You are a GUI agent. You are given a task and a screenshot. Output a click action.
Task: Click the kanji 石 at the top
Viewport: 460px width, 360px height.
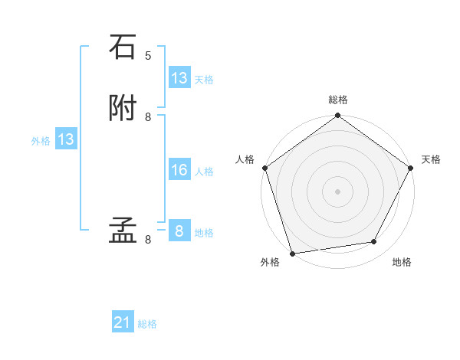pos(123,47)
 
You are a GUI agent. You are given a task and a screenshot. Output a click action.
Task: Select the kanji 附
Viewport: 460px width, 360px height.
pos(123,108)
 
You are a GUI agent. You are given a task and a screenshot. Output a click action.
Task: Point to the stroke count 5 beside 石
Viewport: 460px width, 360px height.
pos(148,56)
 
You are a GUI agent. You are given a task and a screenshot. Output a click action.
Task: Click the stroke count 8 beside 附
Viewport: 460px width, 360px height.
pos(148,116)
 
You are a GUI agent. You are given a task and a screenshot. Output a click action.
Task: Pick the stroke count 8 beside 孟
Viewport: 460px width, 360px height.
pos(148,239)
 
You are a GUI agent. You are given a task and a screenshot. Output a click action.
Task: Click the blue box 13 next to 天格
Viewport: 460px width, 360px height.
pos(179,78)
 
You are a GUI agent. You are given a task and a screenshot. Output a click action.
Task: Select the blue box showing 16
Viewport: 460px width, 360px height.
pos(179,170)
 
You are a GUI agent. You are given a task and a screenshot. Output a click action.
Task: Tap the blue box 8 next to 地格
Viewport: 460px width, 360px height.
pos(179,231)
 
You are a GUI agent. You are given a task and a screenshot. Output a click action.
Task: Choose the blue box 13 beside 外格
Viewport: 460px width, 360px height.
pos(65,139)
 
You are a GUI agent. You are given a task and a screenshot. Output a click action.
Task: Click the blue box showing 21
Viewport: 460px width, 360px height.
pos(123,323)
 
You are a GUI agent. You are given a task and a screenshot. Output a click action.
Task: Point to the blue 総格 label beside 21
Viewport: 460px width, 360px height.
pos(147,324)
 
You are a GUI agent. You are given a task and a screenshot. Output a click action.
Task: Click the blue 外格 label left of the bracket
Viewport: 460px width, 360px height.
pos(40,140)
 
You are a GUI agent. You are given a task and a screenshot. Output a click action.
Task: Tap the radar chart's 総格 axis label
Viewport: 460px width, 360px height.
pos(338,100)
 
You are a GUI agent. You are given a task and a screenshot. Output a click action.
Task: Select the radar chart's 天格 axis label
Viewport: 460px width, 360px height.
pos(431,159)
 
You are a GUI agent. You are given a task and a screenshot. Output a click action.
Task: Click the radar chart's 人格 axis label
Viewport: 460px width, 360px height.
pos(245,159)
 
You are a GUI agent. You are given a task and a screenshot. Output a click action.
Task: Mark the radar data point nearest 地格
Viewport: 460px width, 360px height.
pos(374,242)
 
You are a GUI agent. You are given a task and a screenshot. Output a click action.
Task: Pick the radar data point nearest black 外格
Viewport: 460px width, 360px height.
pos(292,253)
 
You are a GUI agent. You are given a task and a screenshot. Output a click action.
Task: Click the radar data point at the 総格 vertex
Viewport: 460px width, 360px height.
pos(338,116)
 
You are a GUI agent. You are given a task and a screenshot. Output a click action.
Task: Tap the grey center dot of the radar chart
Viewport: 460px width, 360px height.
pos(338,191)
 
